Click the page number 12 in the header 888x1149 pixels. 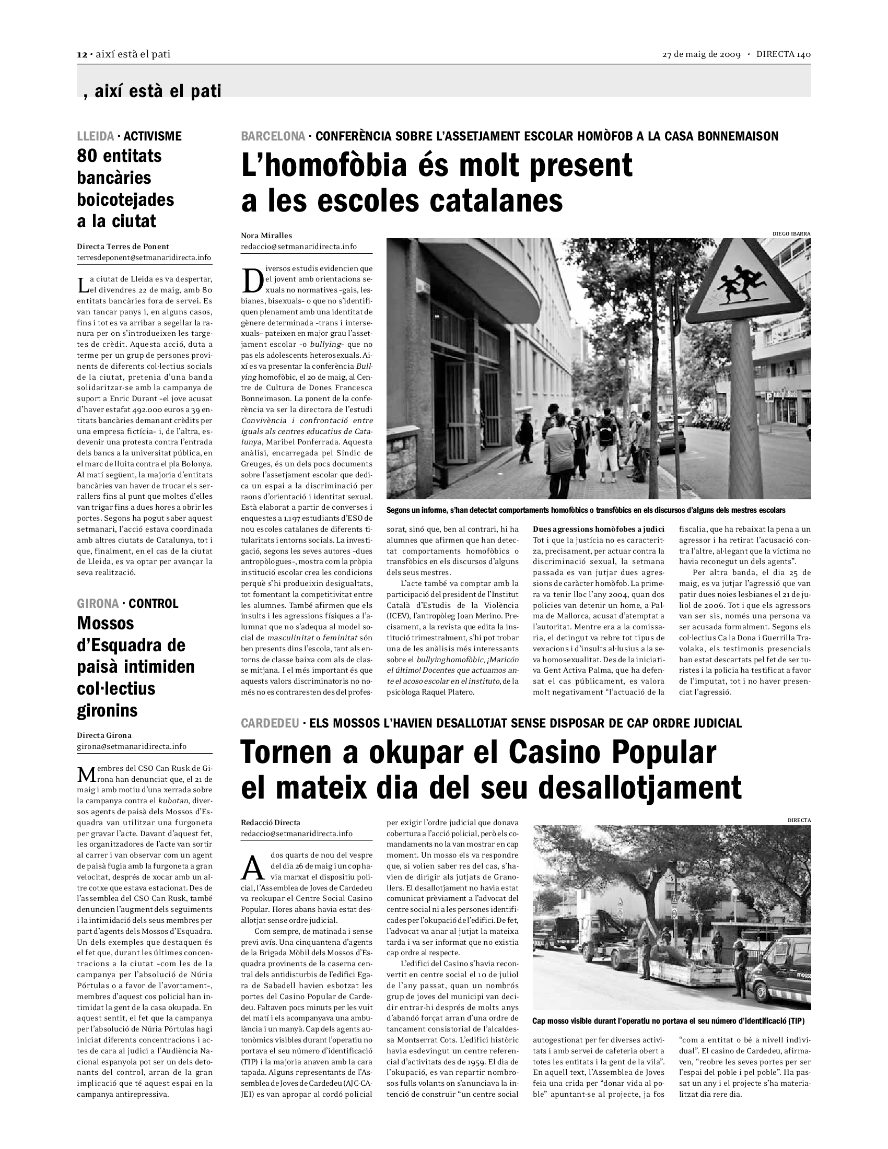(x=81, y=54)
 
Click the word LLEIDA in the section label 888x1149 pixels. (x=95, y=136)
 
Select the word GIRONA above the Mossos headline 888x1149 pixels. (x=98, y=603)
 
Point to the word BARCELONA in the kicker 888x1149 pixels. (x=273, y=136)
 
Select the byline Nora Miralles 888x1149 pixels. (x=266, y=235)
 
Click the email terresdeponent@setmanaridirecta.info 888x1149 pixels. (x=144, y=257)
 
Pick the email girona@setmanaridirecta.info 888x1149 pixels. (x=132, y=746)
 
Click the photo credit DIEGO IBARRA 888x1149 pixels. (x=791, y=233)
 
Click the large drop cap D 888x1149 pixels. (x=252, y=280)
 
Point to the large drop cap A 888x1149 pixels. (x=252, y=869)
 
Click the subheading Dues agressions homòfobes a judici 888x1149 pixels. (x=598, y=529)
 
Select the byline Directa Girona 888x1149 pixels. (x=104, y=735)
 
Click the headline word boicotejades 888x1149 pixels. (x=125, y=200)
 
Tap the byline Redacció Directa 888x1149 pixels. (x=271, y=822)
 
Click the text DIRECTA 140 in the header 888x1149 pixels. (x=784, y=54)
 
